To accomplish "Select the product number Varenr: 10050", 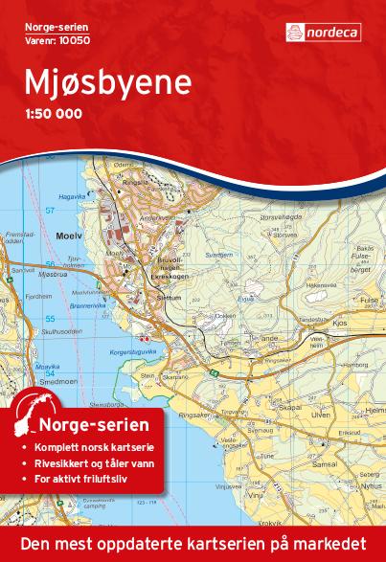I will (48, 39).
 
